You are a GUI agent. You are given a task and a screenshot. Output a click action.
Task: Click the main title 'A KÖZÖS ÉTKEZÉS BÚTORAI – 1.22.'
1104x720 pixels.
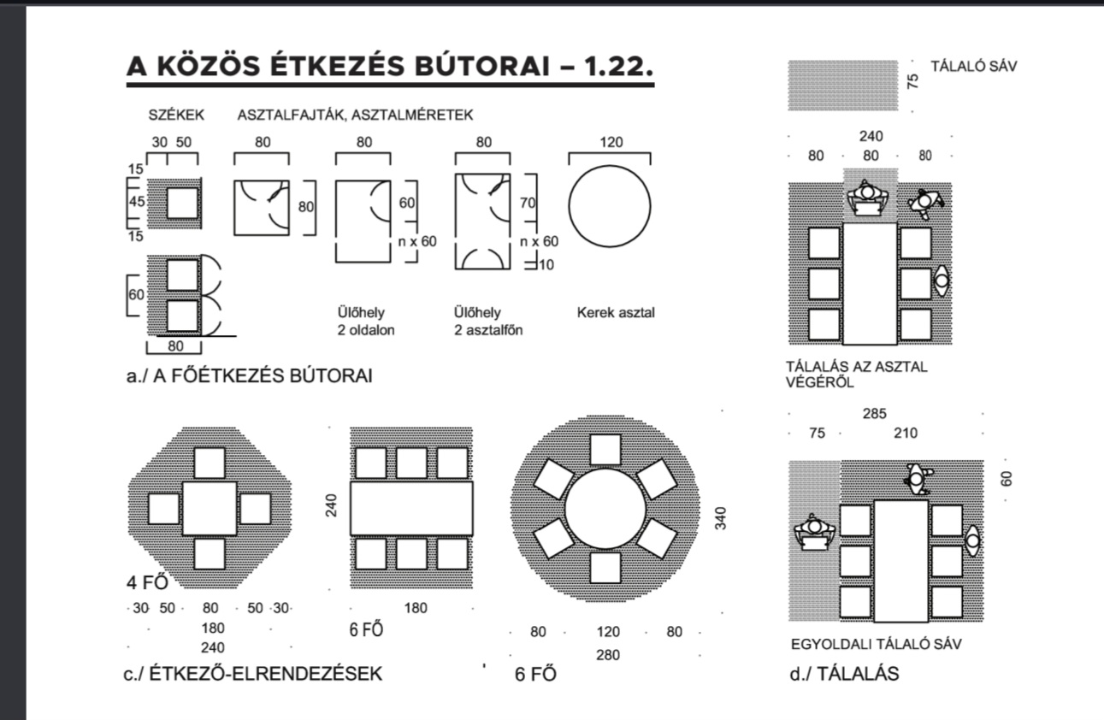tap(390, 66)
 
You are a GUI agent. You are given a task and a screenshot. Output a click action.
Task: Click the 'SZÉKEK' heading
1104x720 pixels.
tap(176, 115)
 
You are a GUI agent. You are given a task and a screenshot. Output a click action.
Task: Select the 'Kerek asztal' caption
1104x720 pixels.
tap(616, 312)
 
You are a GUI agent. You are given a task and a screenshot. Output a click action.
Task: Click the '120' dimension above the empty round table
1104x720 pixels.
tap(611, 142)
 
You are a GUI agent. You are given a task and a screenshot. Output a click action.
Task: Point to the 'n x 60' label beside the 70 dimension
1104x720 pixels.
tap(540, 241)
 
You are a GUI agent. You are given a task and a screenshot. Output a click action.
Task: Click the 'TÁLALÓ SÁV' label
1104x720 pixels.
tap(973, 66)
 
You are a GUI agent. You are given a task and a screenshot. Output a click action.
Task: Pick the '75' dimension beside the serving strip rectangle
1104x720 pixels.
tap(912, 81)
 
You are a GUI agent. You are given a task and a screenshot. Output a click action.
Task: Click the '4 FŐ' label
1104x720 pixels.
tap(147, 582)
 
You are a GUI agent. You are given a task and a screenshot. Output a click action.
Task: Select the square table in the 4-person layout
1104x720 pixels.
tap(210, 509)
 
